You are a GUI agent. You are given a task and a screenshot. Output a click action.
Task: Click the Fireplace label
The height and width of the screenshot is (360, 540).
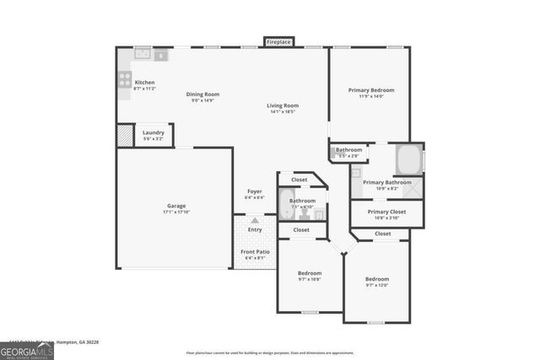pos(278,41)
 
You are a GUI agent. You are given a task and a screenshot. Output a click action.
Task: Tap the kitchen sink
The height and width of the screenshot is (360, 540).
pos(142,56)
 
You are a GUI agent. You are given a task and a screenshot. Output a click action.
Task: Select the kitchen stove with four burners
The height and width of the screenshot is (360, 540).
pos(125,81)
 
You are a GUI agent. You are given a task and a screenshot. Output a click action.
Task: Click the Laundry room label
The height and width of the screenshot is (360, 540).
pos(153,132)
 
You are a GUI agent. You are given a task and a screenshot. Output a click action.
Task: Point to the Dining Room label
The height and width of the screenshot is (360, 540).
pos(202,94)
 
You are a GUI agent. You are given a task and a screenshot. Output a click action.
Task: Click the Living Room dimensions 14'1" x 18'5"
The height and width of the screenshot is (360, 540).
pos(283,112)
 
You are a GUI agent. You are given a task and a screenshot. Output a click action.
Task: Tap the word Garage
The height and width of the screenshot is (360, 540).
pos(175,206)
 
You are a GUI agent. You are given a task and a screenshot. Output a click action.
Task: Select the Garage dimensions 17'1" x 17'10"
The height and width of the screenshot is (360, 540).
pos(175,212)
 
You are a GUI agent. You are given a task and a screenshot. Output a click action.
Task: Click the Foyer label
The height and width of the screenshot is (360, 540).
pos(254,191)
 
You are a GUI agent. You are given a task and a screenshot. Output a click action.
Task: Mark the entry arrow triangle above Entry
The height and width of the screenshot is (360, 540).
pos(254,220)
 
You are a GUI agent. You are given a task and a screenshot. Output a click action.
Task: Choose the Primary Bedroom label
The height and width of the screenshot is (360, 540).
pos(371,90)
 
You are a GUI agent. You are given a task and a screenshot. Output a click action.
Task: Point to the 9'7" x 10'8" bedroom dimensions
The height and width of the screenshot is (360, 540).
pos(310,280)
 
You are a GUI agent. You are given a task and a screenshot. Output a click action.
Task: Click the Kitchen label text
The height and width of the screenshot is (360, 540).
pos(144,82)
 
